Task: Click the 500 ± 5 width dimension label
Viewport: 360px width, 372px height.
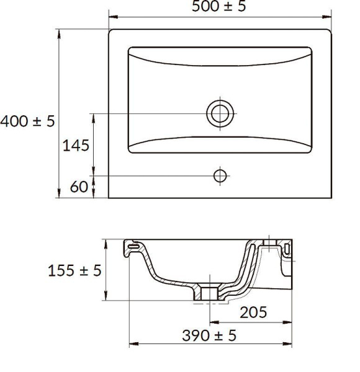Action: (x=218, y=6)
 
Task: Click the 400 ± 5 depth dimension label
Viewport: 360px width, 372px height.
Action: (x=27, y=122)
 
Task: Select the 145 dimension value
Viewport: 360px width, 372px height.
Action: (x=76, y=146)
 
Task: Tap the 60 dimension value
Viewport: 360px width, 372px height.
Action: (x=79, y=187)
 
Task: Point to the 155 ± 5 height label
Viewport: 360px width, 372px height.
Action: (x=74, y=270)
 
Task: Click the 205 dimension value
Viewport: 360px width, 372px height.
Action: (x=253, y=312)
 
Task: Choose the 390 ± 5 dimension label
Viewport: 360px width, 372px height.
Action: (x=209, y=335)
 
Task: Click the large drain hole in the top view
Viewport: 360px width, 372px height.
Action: (x=220, y=113)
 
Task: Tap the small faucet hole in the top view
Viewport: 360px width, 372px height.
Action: (x=220, y=176)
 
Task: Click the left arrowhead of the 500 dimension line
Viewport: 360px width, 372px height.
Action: (x=113, y=17)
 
